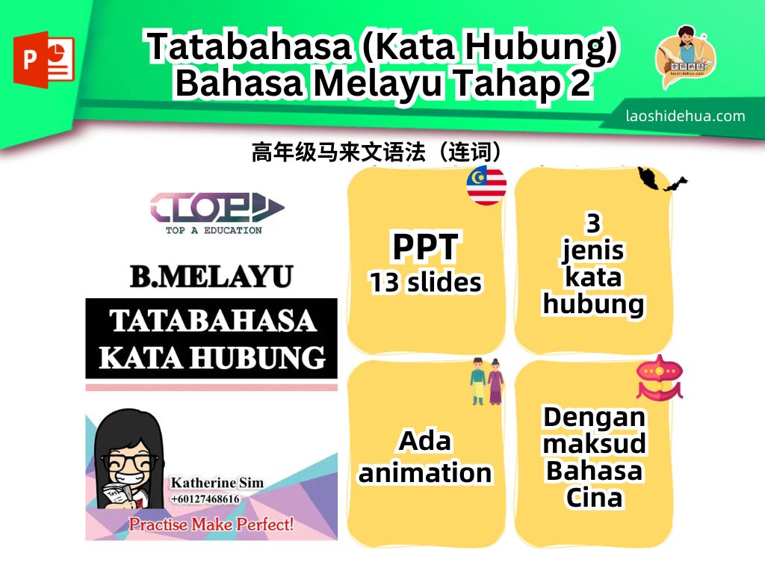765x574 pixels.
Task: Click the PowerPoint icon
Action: (x=44, y=60)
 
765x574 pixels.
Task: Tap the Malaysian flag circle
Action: (x=486, y=185)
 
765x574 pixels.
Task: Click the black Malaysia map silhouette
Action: (x=662, y=179)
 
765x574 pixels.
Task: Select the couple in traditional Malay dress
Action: (x=487, y=381)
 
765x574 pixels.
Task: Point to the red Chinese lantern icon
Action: (x=659, y=377)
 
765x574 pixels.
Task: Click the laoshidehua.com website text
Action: (x=686, y=116)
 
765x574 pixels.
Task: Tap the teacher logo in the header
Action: (x=686, y=57)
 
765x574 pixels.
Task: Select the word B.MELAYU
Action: (x=211, y=277)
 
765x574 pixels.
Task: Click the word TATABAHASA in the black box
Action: (x=213, y=321)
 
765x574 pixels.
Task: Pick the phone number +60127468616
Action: (x=205, y=499)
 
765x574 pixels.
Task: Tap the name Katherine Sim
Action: (x=217, y=482)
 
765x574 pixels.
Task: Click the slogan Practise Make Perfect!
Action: (x=211, y=524)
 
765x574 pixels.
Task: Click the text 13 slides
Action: (x=425, y=283)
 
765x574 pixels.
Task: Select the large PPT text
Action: (x=425, y=247)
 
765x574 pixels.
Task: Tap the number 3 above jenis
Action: (x=593, y=223)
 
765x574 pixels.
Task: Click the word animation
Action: (x=425, y=473)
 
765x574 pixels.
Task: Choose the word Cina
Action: (x=594, y=498)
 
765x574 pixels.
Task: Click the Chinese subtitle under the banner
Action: (x=377, y=152)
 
